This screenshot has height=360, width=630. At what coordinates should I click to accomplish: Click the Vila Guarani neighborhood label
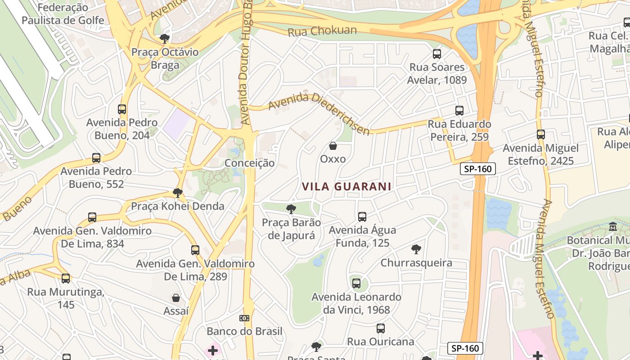(x=346, y=186)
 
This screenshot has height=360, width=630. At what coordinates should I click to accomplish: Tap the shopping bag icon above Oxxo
(x=333, y=146)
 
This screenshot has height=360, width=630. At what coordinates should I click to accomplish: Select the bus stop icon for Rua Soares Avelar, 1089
(x=436, y=54)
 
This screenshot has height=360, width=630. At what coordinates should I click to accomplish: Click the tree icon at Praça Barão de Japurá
(x=291, y=209)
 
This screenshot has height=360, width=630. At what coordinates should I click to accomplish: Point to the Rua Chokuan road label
(x=322, y=31)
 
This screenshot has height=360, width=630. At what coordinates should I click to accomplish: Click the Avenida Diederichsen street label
(x=319, y=113)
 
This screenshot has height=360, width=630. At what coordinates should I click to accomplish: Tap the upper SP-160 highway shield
(x=477, y=169)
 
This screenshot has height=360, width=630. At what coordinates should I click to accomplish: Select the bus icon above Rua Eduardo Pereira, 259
(x=459, y=111)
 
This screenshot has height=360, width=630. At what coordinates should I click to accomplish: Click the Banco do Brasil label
(x=244, y=331)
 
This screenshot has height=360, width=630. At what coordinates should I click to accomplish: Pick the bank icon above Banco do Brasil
(x=244, y=318)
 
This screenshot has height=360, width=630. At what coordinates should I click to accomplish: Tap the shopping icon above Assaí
(x=176, y=298)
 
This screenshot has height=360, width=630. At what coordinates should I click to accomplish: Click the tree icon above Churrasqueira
(x=416, y=249)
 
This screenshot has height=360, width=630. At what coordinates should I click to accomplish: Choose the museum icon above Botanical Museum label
(x=612, y=227)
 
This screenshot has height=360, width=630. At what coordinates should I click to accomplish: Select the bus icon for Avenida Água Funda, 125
(x=362, y=217)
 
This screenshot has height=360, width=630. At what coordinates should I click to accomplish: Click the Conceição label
(x=249, y=163)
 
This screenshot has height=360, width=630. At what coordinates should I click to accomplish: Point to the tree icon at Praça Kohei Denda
(x=178, y=193)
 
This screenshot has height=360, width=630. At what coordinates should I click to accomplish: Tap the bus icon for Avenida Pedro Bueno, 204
(x=122, y=109)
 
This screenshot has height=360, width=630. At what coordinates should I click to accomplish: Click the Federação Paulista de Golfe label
(x=63, y=14)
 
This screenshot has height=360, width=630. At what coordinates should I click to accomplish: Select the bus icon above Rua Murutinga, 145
(x=66, y=279)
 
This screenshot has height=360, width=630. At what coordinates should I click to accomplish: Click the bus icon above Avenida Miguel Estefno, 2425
(x=541, y=135)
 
